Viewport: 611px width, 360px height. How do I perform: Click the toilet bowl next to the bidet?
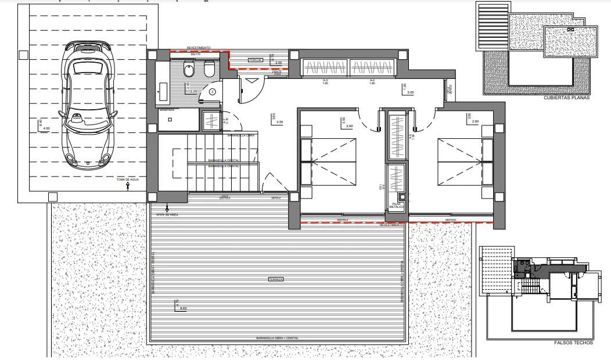(189, 70)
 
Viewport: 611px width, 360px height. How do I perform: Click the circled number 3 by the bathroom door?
(213, 91)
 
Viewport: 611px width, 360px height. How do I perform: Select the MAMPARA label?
(167, 110)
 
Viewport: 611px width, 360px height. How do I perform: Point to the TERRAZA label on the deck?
(276, 279)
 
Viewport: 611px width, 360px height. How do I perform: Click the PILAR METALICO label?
(397, 206)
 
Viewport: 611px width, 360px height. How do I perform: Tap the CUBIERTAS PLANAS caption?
(566, 98)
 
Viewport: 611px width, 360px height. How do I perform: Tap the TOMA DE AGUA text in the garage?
(128, 181)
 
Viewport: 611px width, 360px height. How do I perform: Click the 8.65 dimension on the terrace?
(184, 308)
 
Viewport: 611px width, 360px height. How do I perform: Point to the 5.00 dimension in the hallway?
(411, 92)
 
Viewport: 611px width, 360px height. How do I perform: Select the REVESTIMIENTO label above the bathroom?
(199, 48)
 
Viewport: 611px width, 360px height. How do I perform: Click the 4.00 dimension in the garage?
(46, 128)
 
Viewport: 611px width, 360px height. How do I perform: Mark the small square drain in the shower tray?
(170, 119)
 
